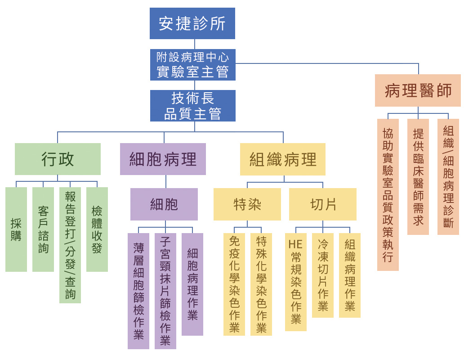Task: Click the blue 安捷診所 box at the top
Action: (192, 23)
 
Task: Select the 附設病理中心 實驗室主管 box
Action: (192, 65)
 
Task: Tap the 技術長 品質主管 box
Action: (192, 106)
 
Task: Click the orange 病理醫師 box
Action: (418, 90)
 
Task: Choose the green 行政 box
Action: (58, 159)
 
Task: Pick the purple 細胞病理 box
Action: (163, 159)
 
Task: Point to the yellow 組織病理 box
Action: (282, 159)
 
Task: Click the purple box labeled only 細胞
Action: (164, 204)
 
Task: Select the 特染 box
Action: (247, 204)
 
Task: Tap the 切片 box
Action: (323, 204)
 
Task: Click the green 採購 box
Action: (16, 229)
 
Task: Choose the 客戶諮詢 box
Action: (43, 229)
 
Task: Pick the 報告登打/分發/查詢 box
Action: (70, 245)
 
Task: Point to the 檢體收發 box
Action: (97, 229)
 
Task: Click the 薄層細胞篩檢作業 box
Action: (138, 291)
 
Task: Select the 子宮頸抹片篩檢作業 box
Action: (165, 291)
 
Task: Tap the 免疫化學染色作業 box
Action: (234, 284)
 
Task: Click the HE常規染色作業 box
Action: (296, 282)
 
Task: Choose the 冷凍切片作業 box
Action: (323, 275)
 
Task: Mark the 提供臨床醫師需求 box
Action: (418, 177)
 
